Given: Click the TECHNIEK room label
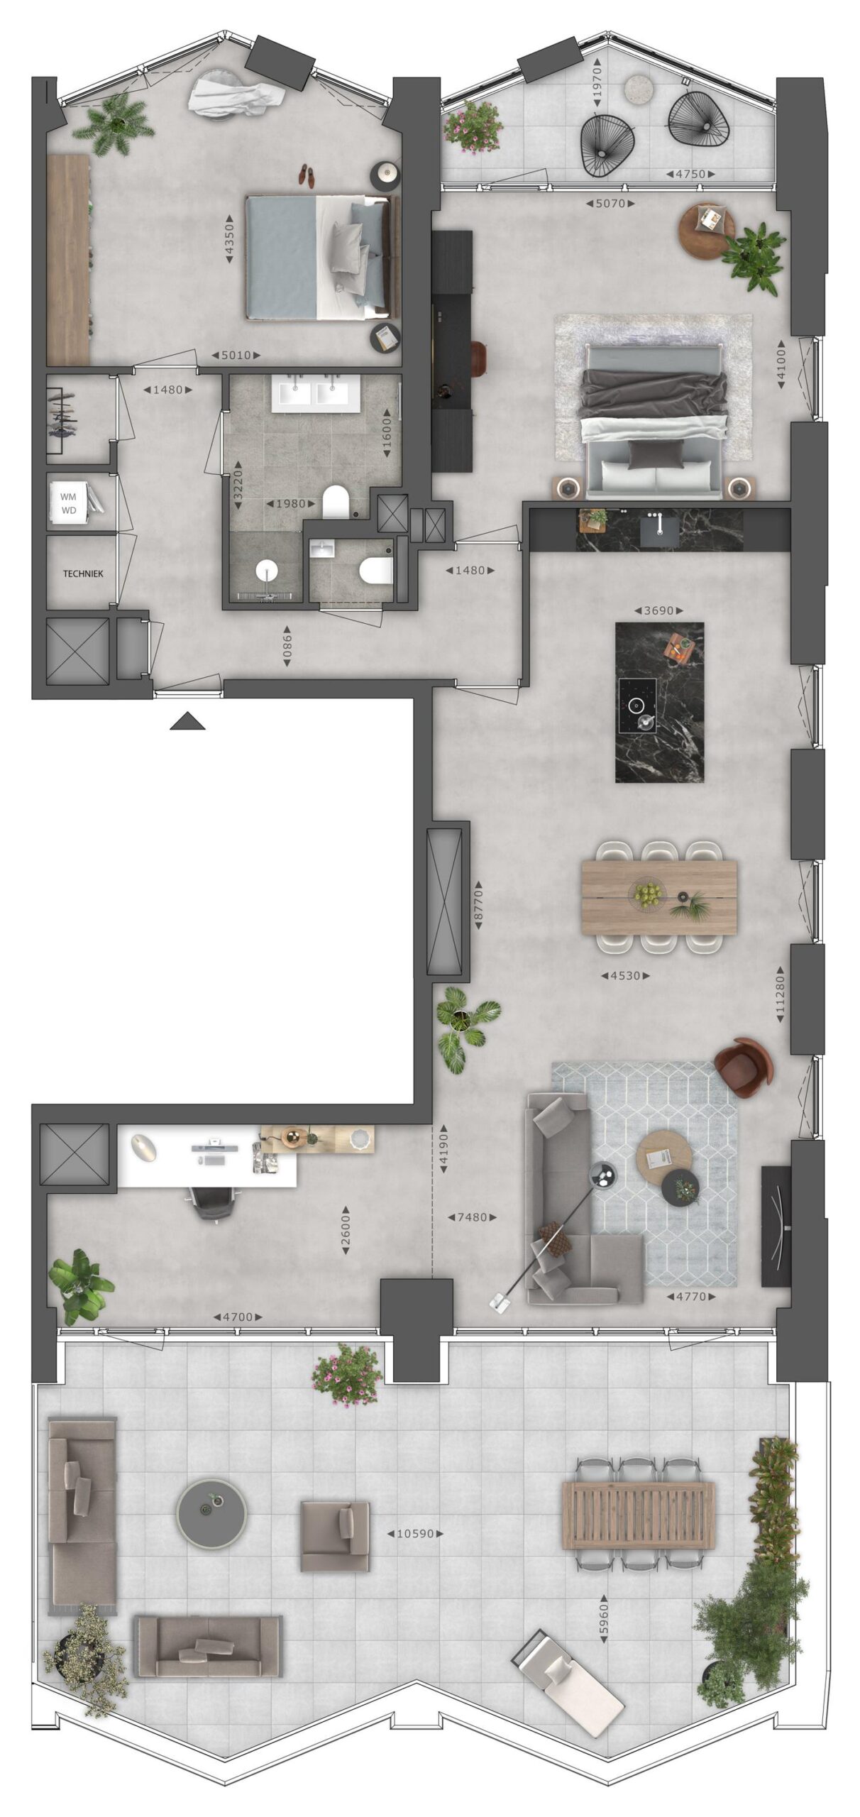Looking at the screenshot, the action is (x=83, y=573).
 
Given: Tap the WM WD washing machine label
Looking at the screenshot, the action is (x=69, y=503).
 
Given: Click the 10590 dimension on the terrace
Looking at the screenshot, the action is (x=415, y=1533).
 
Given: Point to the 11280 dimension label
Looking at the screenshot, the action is (x=781, y=995).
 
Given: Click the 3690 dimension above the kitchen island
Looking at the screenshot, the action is (x=658, y=610).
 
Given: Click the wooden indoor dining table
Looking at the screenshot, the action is (x=658, y=896).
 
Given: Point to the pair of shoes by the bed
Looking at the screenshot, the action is (x=306, y=175).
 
